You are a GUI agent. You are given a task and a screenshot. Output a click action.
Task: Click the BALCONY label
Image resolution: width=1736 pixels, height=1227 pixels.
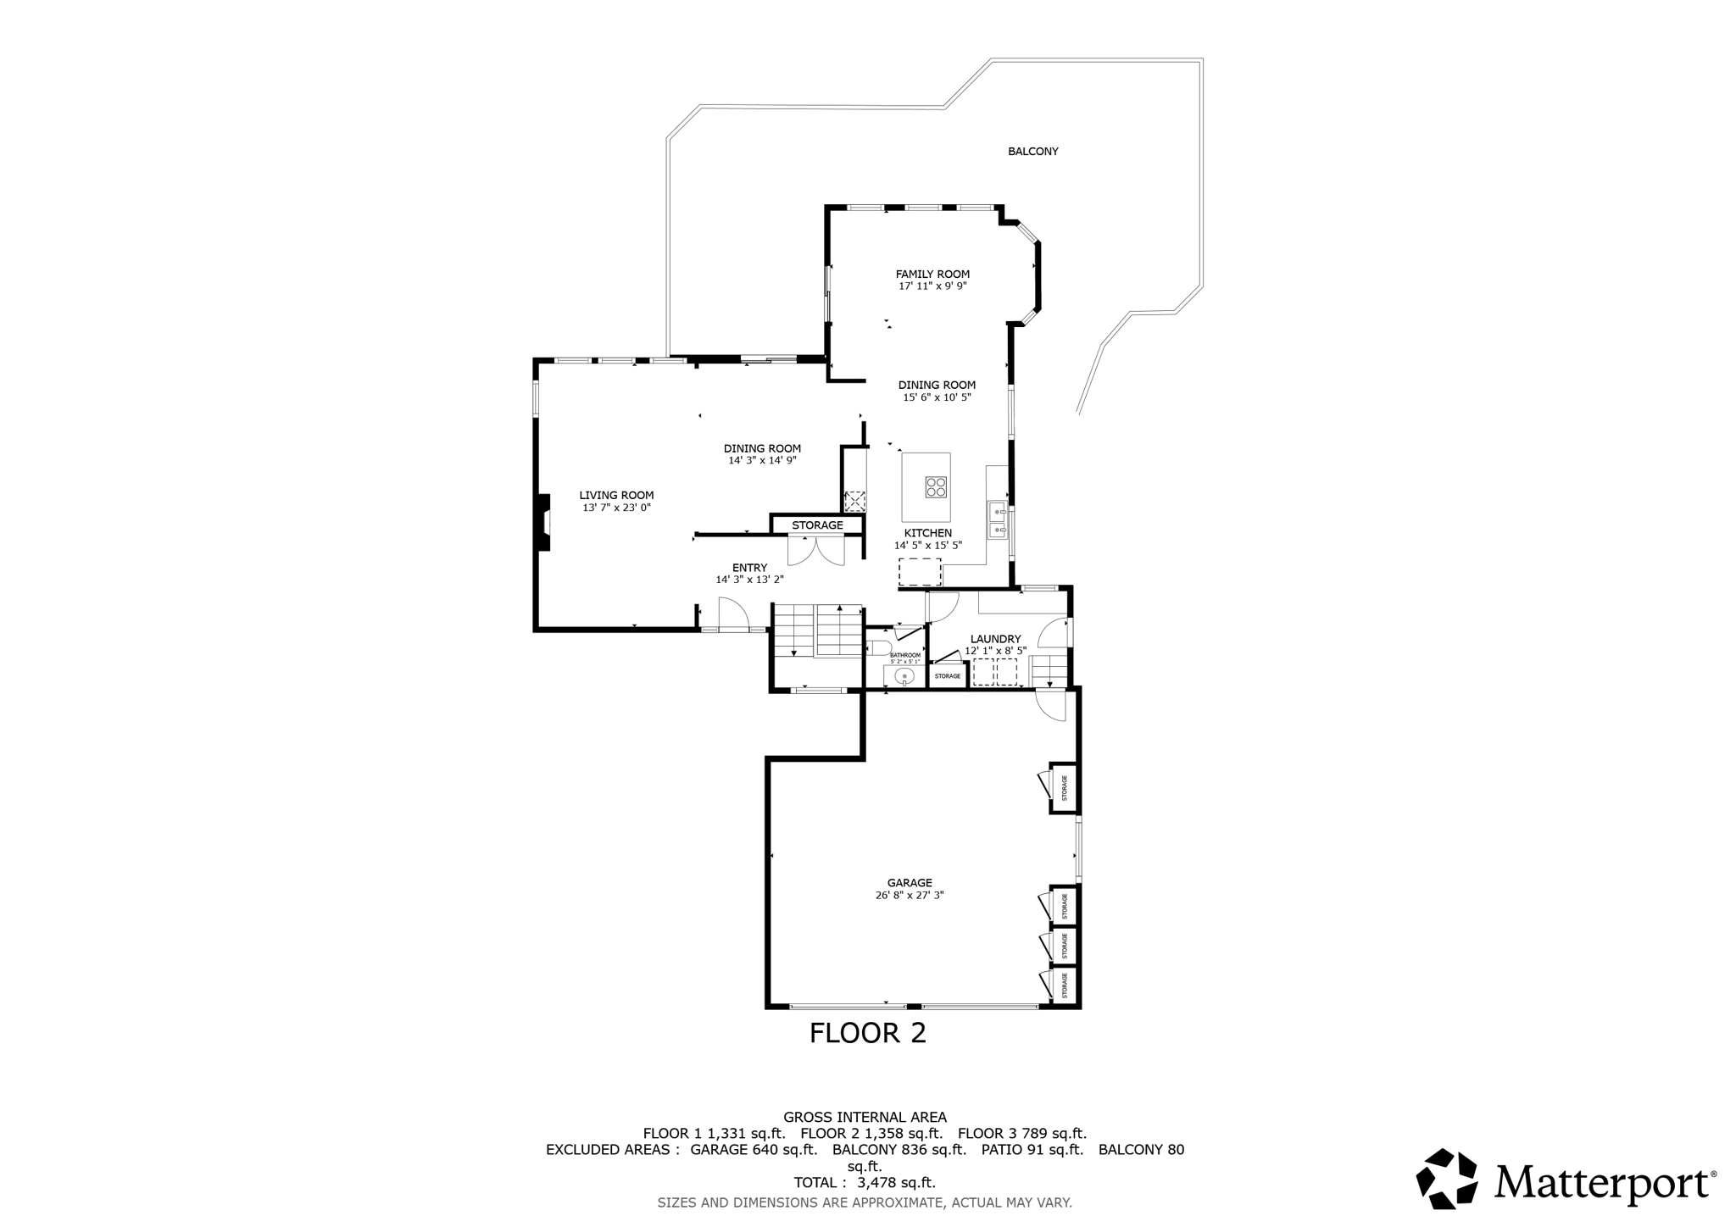pyautogui.click(x=1032, y=152)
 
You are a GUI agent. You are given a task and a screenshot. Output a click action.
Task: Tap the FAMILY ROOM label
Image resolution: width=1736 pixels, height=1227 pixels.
pyautogui.click(x=932, y=274)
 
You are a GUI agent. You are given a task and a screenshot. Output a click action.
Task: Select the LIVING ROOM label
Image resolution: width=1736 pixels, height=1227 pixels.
pyautogui.click(x=616, y=496)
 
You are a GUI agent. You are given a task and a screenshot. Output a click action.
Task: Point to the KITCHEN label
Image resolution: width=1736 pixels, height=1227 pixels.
pyautogui.click(x=927, y=533)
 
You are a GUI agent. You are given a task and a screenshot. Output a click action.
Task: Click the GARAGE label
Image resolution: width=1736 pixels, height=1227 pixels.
pyautogui.click(x=910, y=883)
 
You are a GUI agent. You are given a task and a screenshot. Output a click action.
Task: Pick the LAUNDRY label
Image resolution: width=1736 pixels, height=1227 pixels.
pyautogui.click(x=995, y=639)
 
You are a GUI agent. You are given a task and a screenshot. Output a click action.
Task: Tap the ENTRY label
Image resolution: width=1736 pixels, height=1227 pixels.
pyautogui.click(x=749, y=568)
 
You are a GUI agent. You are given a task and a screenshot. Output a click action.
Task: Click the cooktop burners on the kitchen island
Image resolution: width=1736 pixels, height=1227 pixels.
pyautogui.click(x=936, y=487)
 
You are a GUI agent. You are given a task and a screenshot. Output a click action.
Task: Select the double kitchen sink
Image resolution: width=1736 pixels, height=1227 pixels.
pyautogui.click(x=998, y=520)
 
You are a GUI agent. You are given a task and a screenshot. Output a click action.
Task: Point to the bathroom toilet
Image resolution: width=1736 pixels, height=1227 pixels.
pyautogui.click(x=878, y=649)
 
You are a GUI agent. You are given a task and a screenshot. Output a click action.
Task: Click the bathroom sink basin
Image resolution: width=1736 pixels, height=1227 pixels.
pyautogui.click(x=904, y=676)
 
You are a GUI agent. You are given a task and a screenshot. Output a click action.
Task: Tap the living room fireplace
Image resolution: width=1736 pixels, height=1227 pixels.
pyautogui.click(x=542, y=523)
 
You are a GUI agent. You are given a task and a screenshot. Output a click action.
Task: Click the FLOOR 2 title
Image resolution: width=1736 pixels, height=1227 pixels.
pyautogui.click(x=867, y=1033)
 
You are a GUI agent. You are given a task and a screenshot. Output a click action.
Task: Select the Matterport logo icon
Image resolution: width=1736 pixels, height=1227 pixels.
pyautogui.click(x=1447, y=1179)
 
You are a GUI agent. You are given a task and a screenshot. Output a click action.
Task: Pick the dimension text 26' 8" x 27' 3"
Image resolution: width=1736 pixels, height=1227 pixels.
pyautogui.click(x=910, y=895)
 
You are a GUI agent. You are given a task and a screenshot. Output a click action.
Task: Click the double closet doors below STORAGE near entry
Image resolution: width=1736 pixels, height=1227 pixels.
pyautogui.click(x=816, y=551)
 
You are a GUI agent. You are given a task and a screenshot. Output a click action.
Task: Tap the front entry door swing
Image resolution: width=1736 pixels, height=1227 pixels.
pyautogui.click(x=734, y=614)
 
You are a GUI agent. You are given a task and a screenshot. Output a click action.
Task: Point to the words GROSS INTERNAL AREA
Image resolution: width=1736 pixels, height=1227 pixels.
pyautogui.click(x=865, y=1117)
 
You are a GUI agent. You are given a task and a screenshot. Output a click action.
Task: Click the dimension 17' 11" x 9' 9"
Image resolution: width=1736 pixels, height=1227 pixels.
pyautogui.click(x=932, y=286)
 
